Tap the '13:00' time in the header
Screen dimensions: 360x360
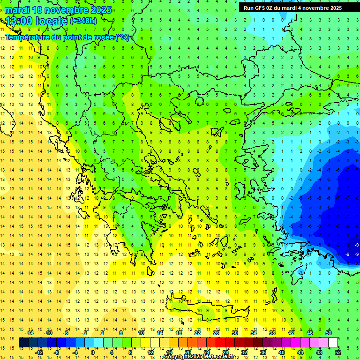click(x=19, y=21)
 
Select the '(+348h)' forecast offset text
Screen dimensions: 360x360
click(x=83, y=21)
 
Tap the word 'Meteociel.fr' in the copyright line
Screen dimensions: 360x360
click(x=218, y=357)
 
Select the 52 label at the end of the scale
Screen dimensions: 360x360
click(x=338, y=352)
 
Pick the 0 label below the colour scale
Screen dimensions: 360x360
click(x=92, y=352)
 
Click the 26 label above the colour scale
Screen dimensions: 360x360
click(x=216, y=332)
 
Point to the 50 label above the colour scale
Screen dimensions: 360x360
click(x=329, y=332)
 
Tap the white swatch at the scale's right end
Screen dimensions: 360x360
click(x=333, y=343)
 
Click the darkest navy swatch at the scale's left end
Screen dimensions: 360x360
click(x=23, y=343)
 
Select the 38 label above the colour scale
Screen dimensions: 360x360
click(x=272, y=332)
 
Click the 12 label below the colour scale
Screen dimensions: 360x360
click(x=150, y=352)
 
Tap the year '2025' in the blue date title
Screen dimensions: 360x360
click(x=101, y=10)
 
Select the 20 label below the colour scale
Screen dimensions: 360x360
click(x=188, y=352)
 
